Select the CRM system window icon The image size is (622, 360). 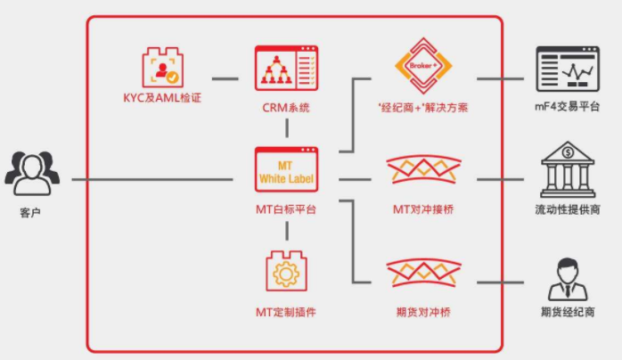(x=286, y=68)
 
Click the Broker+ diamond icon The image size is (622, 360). (x=424, y=65)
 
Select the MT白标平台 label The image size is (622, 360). (x=286, y=210)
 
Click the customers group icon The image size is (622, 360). (x=31, y=171)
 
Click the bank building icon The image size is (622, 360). (x=568, y=172)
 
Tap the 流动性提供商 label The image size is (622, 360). (x=568, y=210)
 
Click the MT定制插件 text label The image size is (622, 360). (x=286, y=313)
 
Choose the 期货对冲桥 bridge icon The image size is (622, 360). (x=424, y=276)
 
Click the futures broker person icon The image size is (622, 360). (x=568, y=277)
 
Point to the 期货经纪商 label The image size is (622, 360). (x=568, y=312)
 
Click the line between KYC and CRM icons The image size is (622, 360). (x=225, y=78)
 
